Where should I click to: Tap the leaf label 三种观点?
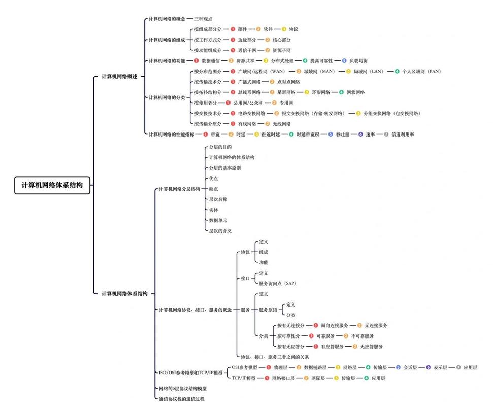[203, 19]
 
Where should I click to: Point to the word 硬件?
[243, 29]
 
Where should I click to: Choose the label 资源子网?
[282, 50]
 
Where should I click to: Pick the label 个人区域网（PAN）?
[421, 72]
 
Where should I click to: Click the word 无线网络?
[282, 124]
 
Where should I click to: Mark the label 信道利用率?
[403, 134]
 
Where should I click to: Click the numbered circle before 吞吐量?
[331, 134]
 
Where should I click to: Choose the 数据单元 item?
[218, 220]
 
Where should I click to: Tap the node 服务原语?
[268, 309]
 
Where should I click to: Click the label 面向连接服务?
[335, 325]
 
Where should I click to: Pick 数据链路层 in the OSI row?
[315, 367]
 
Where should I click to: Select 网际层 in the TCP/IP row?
[318, 378]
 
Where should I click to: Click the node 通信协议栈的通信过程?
[182, 399]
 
